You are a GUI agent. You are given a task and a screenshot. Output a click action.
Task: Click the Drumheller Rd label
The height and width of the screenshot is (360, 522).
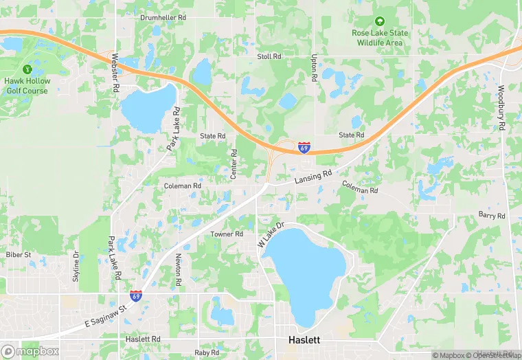163,17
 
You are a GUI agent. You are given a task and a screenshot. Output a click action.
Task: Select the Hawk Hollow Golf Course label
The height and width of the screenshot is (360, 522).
26,85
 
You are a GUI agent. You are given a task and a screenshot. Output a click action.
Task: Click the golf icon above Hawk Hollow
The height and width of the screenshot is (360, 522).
27,69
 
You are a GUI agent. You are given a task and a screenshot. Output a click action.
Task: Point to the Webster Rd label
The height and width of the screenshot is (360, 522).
115,74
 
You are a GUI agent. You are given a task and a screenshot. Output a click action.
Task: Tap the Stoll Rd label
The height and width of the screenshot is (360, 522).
269,56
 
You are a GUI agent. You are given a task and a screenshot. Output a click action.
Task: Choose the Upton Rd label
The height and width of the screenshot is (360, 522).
313,68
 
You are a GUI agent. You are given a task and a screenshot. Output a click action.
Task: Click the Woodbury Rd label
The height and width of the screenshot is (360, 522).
501,108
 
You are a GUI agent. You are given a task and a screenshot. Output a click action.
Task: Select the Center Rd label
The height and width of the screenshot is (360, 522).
234,164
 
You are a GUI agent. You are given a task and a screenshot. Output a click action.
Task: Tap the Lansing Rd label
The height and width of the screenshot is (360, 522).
313,177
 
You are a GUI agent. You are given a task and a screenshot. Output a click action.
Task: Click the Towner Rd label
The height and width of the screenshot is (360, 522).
227,234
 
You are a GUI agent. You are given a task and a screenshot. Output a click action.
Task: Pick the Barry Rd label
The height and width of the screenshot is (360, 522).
492,216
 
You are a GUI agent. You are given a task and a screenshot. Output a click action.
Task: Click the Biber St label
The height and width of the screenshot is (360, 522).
19,255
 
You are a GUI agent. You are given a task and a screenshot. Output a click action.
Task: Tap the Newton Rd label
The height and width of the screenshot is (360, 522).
178,270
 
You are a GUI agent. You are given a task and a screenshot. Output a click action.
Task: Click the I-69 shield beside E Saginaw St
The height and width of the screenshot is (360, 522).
137,295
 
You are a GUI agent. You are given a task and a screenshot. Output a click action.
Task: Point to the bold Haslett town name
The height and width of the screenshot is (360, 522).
303,341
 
